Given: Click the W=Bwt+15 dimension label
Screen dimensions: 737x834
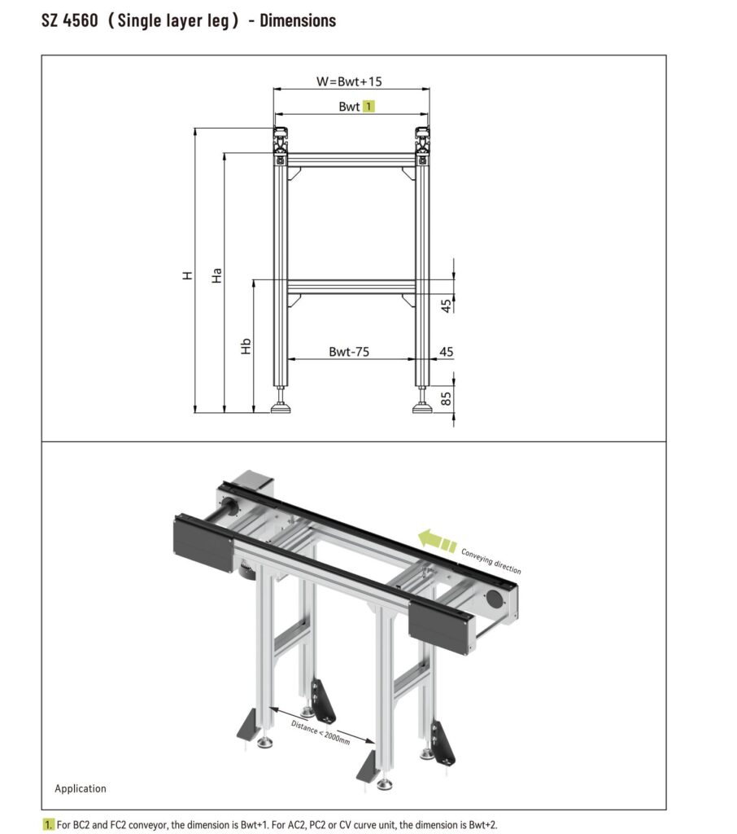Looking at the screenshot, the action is (349, 81).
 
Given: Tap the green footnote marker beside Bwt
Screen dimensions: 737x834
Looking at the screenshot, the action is (368, 107).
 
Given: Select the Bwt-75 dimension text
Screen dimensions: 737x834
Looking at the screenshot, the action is (349, 352).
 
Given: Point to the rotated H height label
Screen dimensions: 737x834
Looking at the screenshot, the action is (187, 275).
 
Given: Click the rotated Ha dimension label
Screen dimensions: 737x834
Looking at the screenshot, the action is (216, 275).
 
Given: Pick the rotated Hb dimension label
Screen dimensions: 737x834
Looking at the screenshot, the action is (246, 346).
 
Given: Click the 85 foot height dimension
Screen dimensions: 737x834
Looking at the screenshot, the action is (447, 398).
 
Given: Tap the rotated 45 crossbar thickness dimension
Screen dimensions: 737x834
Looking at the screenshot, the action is (447, 305).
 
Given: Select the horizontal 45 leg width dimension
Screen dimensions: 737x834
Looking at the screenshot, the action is (447, 352).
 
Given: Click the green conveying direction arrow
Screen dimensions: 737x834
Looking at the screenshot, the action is (437, 541).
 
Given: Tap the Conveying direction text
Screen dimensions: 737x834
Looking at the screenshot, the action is (491, 561).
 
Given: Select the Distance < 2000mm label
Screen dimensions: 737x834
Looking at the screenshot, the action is (321, 732).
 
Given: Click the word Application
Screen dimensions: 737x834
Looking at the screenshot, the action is (81, 788).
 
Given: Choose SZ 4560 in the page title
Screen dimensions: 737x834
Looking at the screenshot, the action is (70, 20).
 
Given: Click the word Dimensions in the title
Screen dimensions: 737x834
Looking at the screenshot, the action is (298, 20).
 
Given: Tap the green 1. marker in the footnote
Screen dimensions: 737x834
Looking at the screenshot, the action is (48, 825).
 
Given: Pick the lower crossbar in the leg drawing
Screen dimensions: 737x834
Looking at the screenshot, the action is (351, 287).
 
